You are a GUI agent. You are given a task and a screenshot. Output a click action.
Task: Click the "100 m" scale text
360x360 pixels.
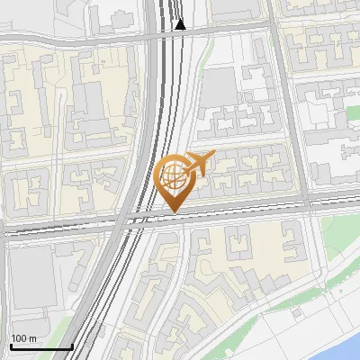[x=23, y=338]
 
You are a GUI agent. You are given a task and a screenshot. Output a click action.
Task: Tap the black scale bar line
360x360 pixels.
[x=40, y=346]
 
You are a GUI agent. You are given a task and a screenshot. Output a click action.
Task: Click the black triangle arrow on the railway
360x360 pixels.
[x=180, y=24]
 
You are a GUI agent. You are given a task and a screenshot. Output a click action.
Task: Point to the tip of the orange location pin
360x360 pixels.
[x=173, y=211]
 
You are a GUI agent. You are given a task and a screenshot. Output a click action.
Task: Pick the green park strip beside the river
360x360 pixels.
[x=337, y=270]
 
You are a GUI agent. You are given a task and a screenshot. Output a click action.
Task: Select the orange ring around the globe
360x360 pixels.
[x=161, y=176]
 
